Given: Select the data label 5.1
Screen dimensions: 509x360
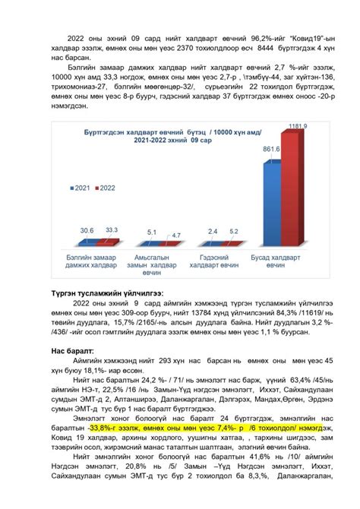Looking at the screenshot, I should coord(152,232).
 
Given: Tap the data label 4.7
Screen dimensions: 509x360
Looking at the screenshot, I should coord(175,235).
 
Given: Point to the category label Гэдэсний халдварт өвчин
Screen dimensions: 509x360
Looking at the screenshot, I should coord(223,262).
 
